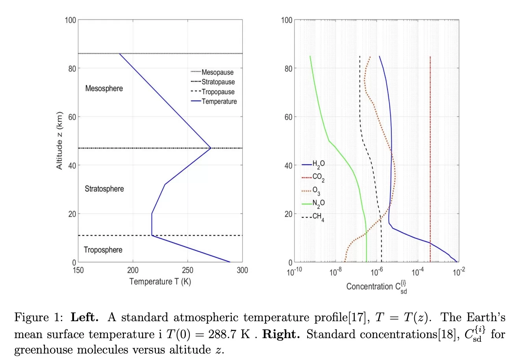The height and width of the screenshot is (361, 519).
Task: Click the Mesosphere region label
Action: (104, 88)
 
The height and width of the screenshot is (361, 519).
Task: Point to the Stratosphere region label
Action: (104, 189)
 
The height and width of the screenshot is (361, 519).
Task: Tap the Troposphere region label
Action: (103, 250)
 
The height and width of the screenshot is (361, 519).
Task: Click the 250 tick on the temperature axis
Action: (187, 270)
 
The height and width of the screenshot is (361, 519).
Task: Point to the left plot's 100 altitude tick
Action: (70, 20)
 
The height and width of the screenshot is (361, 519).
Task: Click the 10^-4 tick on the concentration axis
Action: (418, 272)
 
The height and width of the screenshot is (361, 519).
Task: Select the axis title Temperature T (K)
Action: (160, 281)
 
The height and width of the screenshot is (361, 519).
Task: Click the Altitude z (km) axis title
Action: (59, 141)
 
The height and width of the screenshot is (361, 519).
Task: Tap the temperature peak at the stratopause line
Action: (211, 148)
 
